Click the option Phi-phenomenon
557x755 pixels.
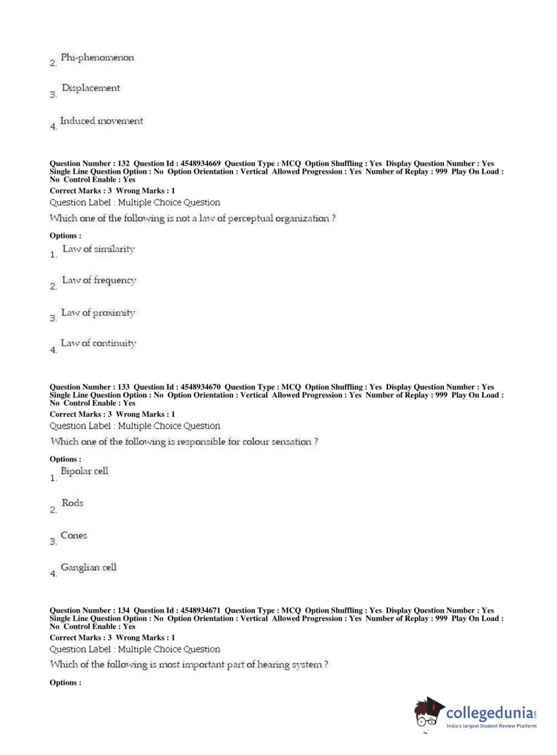[x=97, y=58]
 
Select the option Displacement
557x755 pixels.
[x=91, y=88]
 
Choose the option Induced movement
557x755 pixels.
[x=101, y=121]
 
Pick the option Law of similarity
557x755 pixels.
[x=98, y=249]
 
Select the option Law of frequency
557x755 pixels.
[x=99, y=280]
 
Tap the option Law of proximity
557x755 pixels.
[x=98, y=313]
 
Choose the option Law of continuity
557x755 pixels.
[x=98, y=344]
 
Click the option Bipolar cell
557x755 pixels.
[x=85, y=471]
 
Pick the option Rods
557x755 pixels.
[x=72, y=503]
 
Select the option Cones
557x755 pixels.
[x=74, y=536]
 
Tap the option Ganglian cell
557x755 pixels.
[x=88, y=567]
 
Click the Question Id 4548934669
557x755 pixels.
[x=200, y=164]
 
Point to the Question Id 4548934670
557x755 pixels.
[x=200, y=387]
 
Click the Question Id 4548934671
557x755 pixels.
[x=200, y=610]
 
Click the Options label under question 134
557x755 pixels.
[x=65, y=683]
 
